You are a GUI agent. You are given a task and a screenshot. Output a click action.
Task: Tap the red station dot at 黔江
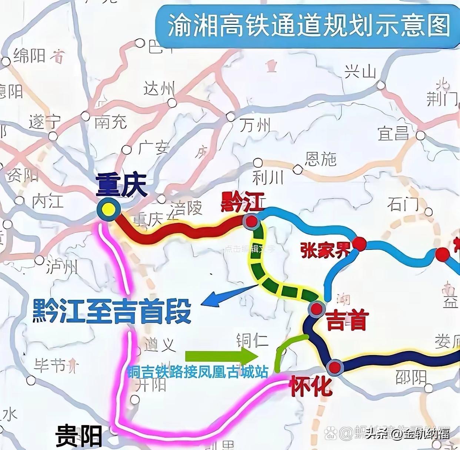251,221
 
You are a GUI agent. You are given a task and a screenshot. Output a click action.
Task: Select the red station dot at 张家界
359,244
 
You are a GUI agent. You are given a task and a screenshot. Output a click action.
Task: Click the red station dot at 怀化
335,367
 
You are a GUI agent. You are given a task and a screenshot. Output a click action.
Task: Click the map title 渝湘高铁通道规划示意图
308,26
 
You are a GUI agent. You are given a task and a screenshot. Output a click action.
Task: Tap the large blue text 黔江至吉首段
112,311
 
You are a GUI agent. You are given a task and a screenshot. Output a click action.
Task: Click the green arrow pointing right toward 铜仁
221,356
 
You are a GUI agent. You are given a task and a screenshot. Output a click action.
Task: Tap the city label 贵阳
79,436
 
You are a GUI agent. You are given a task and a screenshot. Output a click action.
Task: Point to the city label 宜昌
393,133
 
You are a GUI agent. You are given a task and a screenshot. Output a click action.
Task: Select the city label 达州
159,89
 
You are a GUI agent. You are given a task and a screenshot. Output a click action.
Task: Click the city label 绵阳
29,56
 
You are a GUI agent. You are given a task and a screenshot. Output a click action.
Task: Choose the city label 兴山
360,72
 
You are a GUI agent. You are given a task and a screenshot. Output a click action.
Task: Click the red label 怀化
310,387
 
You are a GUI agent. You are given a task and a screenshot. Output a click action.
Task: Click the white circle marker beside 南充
86,116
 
